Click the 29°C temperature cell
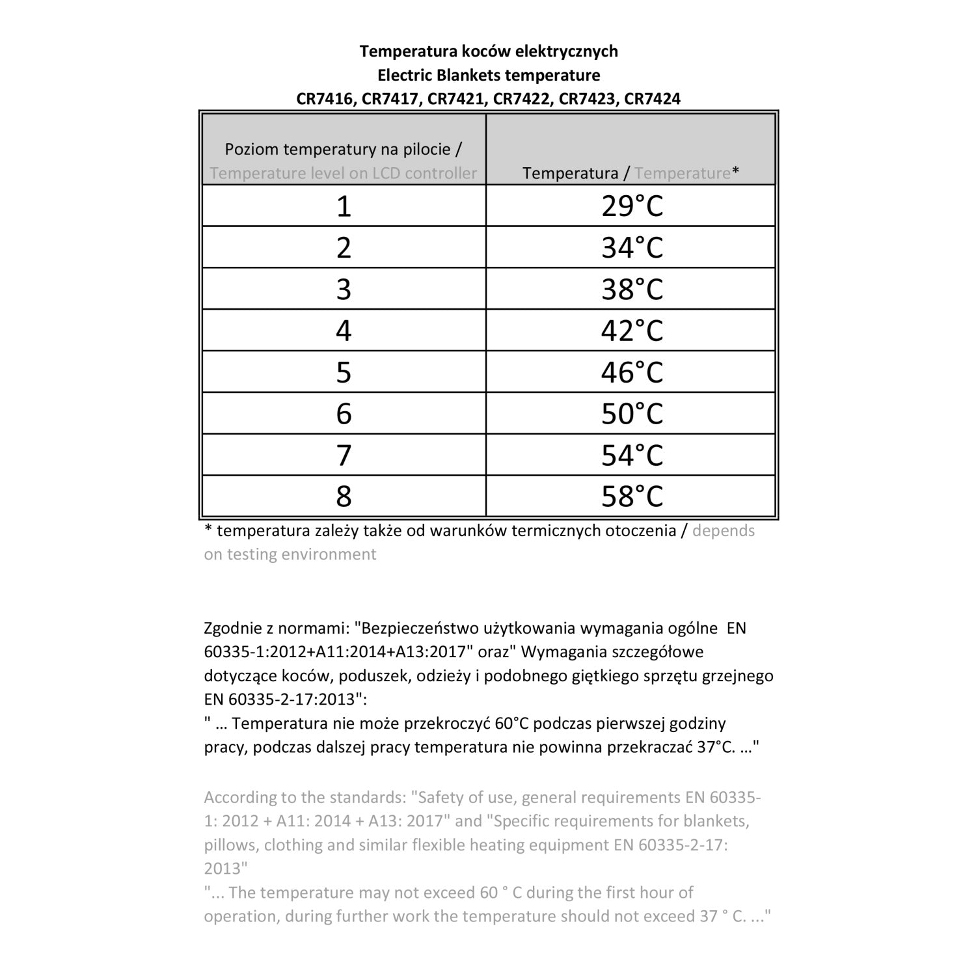pyautogui.click(x=631, y=206)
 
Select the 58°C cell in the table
pyautogui.click(x=631, y=496)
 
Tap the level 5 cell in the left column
pyautogui.click(x=344, y=372)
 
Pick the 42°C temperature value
pyautogui.click(x=631, y=331)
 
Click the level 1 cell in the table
pyautogui.click(x=344, y=206)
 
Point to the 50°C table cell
pyautogui.click(x=631, y=414)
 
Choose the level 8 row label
pyautogui.click(x=344, y=496)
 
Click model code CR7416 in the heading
pyautogui.click(x=326, y=99)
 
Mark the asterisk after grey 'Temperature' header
pyautogui.click(x=736, y=172)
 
